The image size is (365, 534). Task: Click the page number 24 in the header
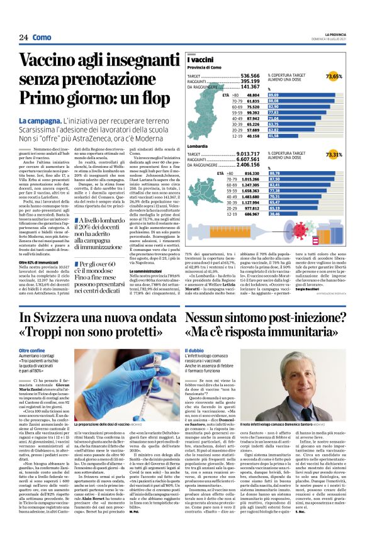[x=23, y=37]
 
